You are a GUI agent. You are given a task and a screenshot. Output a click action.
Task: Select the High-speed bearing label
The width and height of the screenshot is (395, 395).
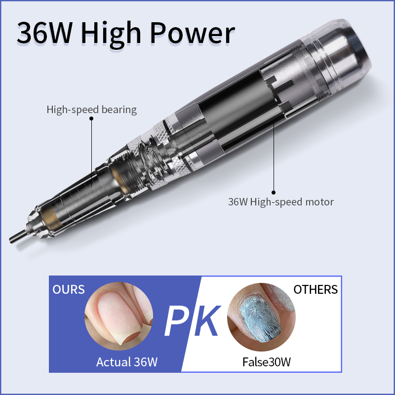point(91,109)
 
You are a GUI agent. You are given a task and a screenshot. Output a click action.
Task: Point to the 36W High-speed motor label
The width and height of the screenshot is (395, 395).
point(280,201)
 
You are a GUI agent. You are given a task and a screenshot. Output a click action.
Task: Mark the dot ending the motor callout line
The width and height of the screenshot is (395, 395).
point(274,193)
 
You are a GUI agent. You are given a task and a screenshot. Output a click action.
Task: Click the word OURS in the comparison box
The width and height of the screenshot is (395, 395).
point(69,289)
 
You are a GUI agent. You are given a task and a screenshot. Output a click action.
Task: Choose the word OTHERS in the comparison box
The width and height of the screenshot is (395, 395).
point(316,289)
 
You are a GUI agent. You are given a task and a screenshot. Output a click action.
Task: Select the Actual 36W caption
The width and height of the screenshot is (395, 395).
point(127,362)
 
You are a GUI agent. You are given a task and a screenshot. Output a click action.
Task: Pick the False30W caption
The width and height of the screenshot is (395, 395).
point(266,362)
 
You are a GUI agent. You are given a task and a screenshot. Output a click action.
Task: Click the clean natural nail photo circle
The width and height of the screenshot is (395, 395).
point(118,316)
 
